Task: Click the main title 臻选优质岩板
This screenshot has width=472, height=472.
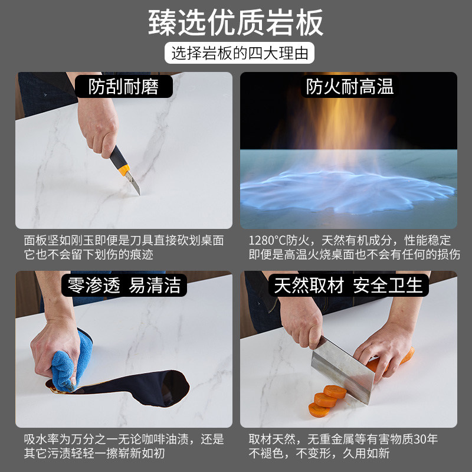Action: point(235,22)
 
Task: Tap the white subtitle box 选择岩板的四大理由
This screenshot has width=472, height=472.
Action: point(240,53)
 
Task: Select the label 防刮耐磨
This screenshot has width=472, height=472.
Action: point(123,86)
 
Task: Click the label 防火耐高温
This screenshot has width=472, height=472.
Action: point(349,86)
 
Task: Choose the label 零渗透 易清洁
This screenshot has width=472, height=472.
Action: point(124,285)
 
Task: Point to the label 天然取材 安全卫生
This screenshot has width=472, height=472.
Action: point(348,285)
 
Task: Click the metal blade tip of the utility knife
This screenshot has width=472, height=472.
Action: point(139,194)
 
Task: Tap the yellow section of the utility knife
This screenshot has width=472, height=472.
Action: point(124,170)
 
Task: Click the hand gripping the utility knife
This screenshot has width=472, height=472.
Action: point(98,126)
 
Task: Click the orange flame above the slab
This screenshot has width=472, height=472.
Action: point(343,123)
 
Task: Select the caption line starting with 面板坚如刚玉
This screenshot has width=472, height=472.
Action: point(124,240)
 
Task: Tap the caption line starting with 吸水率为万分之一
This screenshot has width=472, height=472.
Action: point(124,439)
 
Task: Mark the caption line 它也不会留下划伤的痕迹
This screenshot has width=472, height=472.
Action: point(88,254)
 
